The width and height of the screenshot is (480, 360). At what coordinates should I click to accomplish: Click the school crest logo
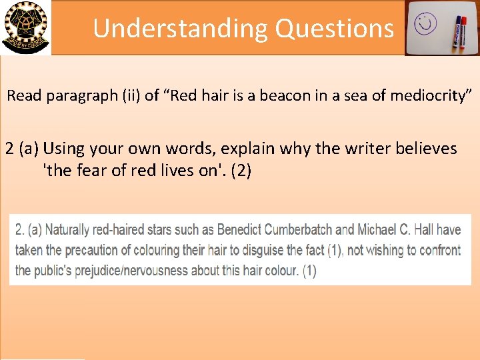(x=25, y=27)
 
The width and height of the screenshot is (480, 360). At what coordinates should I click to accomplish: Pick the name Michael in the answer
(x=379, y=230)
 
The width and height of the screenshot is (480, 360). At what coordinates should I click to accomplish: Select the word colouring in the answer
(x=158, y=251)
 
